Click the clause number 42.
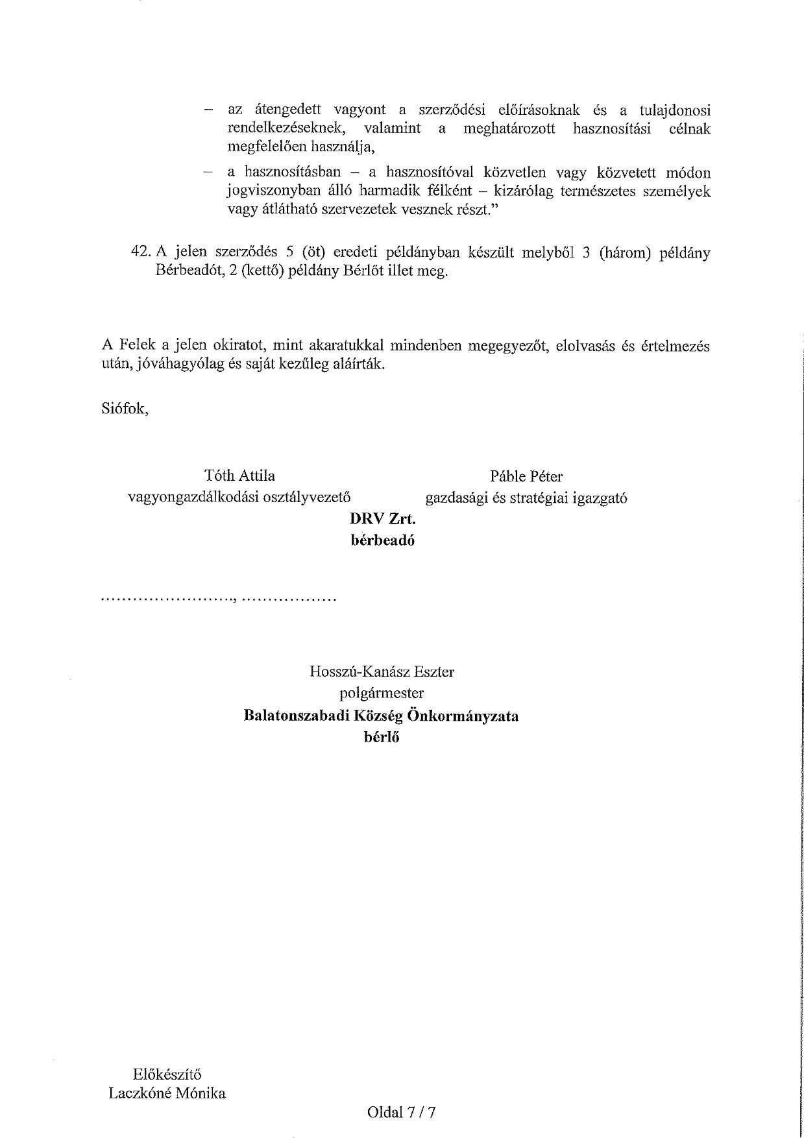[x=141, y=253]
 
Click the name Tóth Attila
[x=239, y=476]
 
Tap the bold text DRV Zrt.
[x=382, y=519]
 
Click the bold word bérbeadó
[x=382, y=540]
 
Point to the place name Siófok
[x=125, y=409]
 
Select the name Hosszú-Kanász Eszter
[x=382, y=672]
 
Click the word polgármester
[x=382, y=693]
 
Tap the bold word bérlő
[x=382, y=736]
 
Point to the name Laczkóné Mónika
[x=167, y=1093]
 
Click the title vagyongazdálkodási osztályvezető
[x=239, y=498]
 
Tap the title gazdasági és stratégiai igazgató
[x=526, y=498]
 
